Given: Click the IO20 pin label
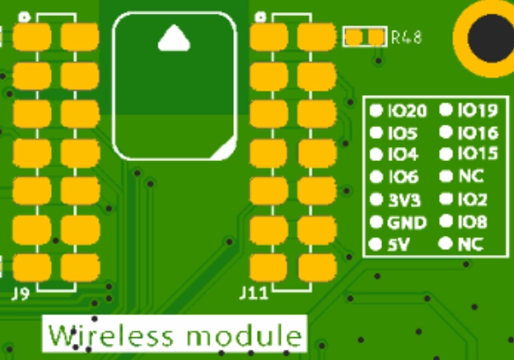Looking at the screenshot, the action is coord(408,111).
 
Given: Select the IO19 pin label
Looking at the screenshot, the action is coord(478,110).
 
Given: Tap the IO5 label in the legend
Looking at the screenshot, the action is coord(402,133).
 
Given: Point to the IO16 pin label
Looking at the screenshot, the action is coord(478,132).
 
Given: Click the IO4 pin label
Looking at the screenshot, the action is coord(403,154).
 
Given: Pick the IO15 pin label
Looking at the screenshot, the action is coord(478,153).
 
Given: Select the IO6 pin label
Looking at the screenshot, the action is coord(403,177).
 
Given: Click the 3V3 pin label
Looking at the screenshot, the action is coord(404,200).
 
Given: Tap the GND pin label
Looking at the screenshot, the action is coord(407,223).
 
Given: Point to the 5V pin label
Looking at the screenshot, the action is coord(399,245).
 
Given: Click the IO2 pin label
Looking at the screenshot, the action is coord(473,199).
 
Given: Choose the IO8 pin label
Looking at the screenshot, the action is coord(473,222).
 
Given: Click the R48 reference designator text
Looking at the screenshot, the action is coord(407,37).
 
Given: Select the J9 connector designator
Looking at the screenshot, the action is coord(20,294).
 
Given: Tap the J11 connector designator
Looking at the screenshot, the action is coord(253,293).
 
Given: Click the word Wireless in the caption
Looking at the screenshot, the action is coord(111,334).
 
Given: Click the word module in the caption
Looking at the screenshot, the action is coord(244,334).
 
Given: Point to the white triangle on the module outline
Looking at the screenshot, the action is coord(174,38).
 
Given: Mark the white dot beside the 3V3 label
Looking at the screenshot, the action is coord(376,199).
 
